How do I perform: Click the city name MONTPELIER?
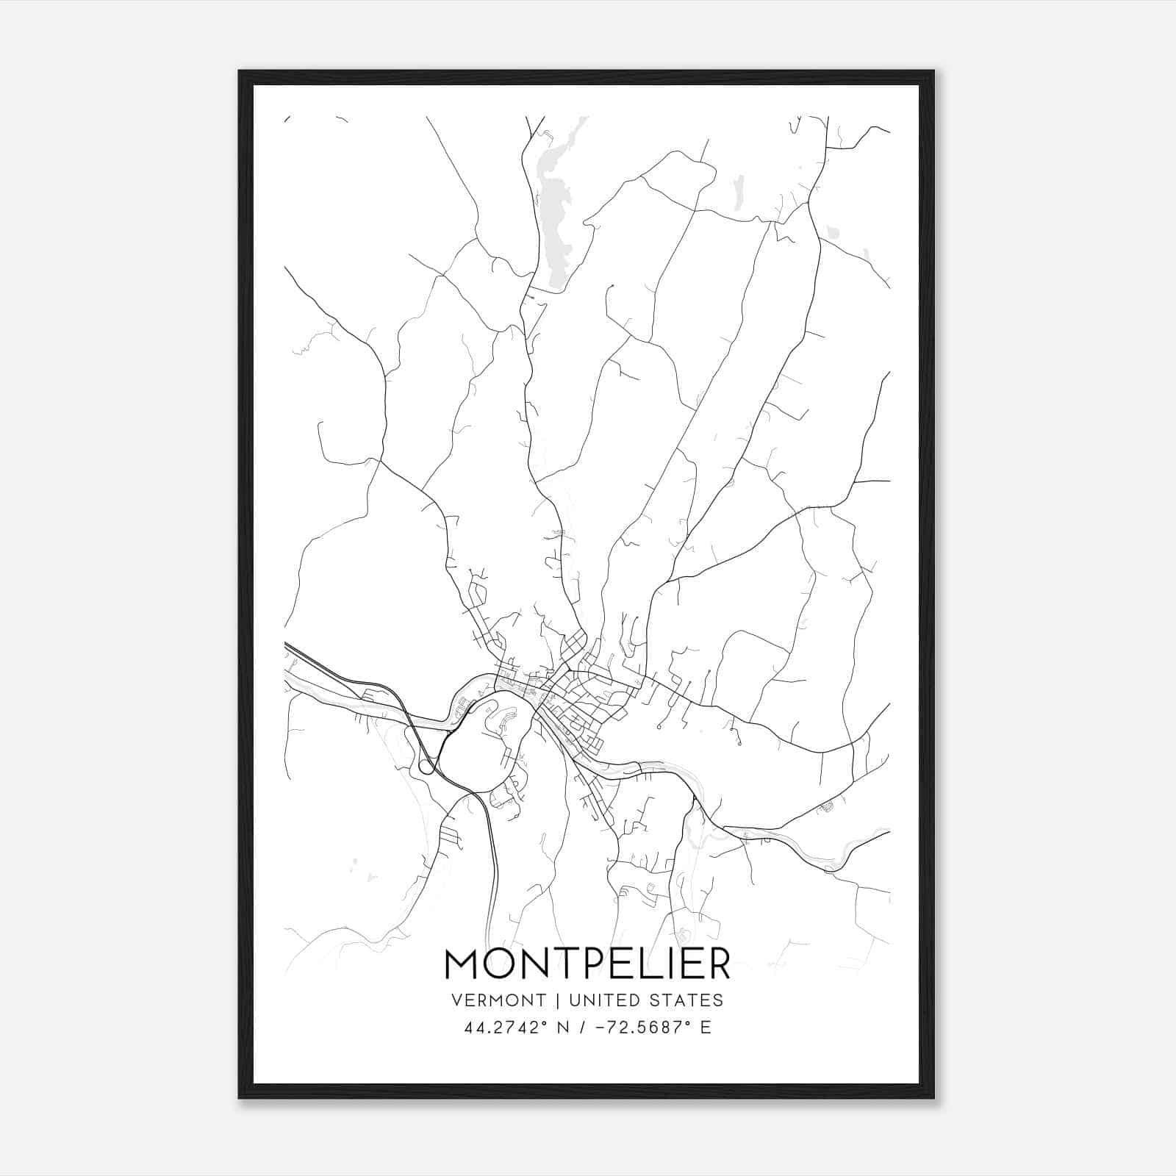click(x=587, y=964)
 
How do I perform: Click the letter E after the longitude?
click(x=706, y=1028)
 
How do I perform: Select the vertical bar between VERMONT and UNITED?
click(x=558, y=1000)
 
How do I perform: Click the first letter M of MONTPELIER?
click(x=463, y=964)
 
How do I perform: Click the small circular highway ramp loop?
click(x=426, y=767)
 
